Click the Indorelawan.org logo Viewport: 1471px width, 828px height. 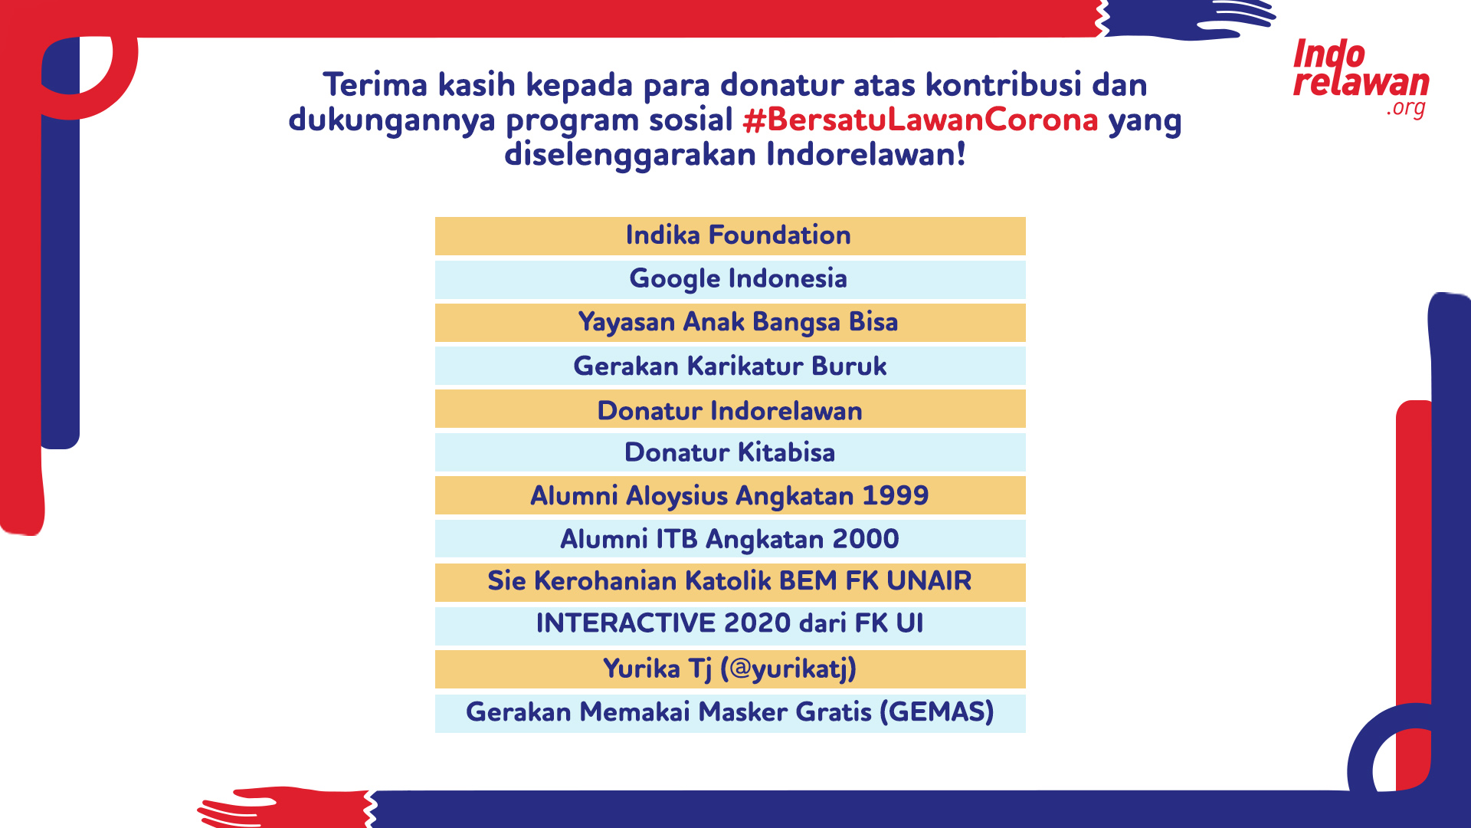[x=1361, y=78]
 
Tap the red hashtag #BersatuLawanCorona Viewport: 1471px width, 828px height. [x=920, y=120]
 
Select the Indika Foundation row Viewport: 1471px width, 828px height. [x=730, y=235]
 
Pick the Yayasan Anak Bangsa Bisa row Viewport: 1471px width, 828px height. [x=730, y=323]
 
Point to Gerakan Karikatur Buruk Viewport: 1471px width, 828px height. [x=730, y=366]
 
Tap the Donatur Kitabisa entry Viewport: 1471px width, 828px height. [x=730, y=452]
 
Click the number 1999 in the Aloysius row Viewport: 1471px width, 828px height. [x=896, y=495]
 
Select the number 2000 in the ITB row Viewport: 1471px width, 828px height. [x=866, y=539]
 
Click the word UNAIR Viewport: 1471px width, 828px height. [x=929, y=581]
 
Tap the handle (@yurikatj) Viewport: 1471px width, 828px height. [x=788, y=669]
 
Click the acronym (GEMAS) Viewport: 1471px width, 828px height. [x=936, y=712]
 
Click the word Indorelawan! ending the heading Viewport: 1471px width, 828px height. [x=866, y=154]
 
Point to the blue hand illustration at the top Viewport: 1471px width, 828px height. [x=1188, y=19]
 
